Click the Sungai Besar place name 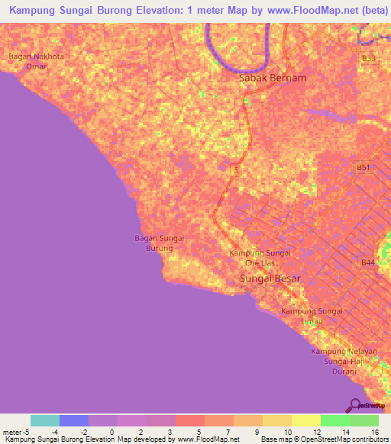pos(270,279)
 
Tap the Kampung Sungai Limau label pos(312,317)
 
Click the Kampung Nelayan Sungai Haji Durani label pos(344,361)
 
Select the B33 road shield pos(368,58)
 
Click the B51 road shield pos(364,168)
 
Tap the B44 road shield pos(368,262)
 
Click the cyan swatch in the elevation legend pos(44,420)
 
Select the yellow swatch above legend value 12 pos(305,420)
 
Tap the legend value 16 pos(374,432)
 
